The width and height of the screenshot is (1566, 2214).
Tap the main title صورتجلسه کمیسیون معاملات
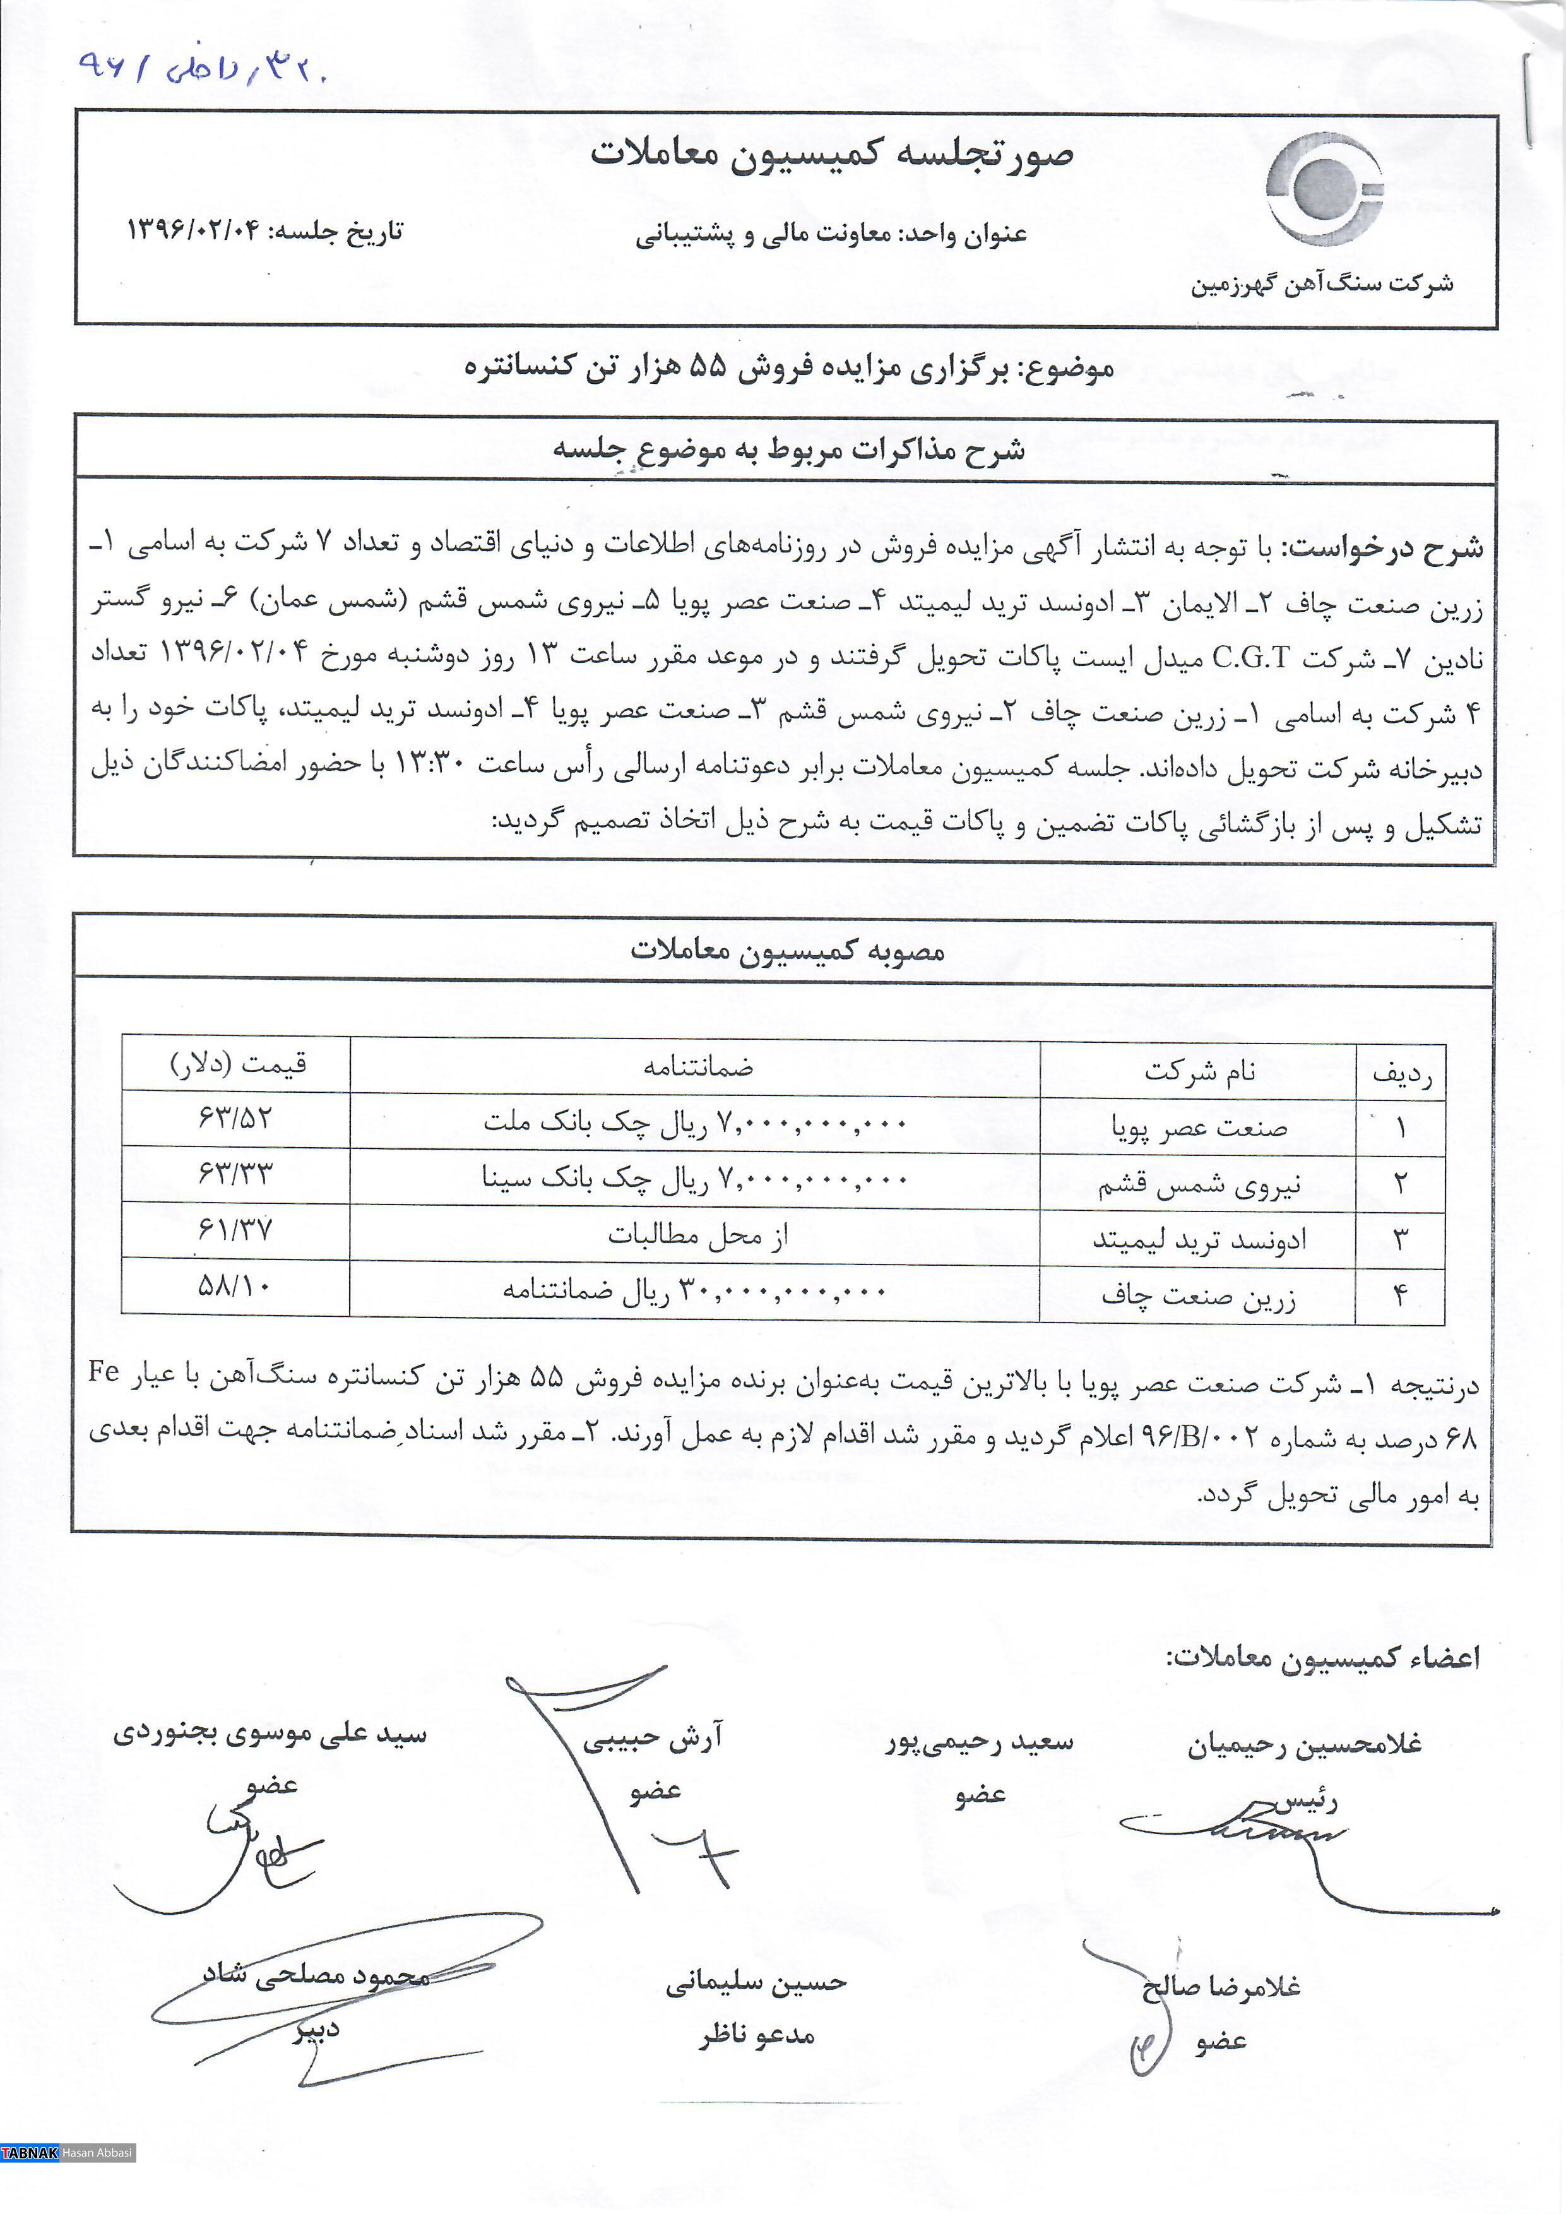click(x=831, y=154)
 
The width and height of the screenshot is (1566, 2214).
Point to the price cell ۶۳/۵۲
click(x=235, y=1119)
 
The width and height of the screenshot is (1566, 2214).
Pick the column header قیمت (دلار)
click(x=238, y=1064)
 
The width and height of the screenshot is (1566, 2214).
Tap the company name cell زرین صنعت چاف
click(x=1199, y=1296)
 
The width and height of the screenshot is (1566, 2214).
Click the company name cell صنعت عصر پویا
click(x=1199, y=1126)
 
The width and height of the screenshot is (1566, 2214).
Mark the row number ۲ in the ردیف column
click(x=1400, y=1183)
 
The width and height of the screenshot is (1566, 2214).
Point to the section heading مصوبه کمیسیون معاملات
click(x=787, y=951)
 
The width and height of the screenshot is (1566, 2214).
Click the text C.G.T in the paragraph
click(x=1250, y=658)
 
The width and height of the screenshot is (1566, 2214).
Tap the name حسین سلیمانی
click(x=756, y=1982)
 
